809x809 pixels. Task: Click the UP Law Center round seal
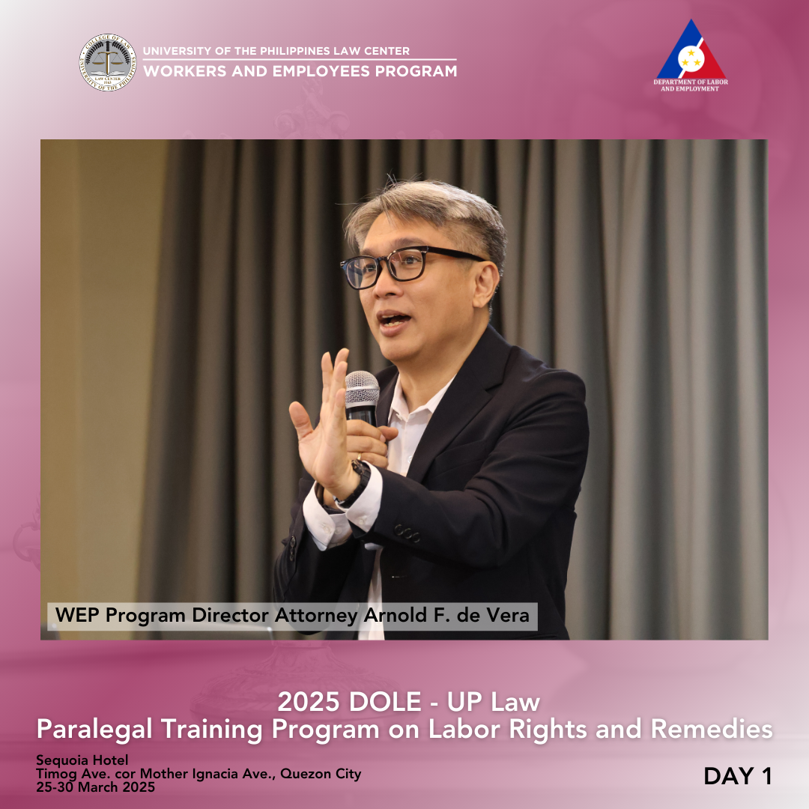[108, 62]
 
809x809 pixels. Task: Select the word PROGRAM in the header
[416, 71]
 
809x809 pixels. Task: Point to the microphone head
[361, 387]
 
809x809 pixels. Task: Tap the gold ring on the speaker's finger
[359, 457]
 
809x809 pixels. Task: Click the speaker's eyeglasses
[407, 266]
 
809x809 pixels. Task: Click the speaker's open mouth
[394, 320]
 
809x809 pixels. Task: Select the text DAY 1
[738, 777]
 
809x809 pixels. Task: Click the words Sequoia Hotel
[82, 760]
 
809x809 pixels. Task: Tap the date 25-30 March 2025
[95, 787]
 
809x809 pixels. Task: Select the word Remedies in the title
[712, 729]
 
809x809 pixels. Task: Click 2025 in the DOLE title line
[309, 702]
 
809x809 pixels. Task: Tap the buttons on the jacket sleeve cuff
[407, 533]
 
